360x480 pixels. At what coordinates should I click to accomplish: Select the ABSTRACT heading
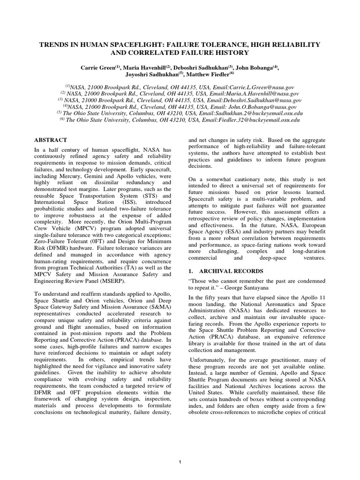tap(51, 140)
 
